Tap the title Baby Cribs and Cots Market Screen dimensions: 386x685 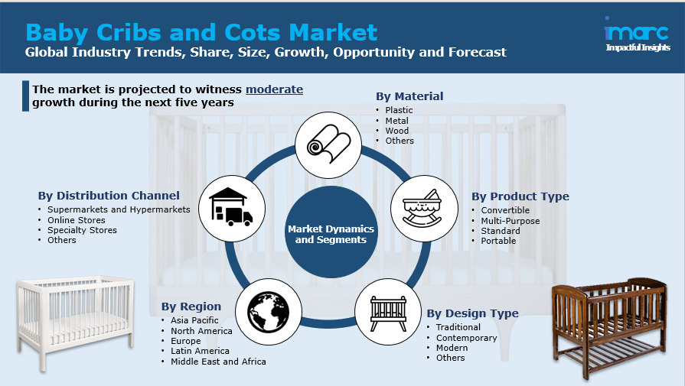tap(201, 32)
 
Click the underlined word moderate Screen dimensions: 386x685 tap(274, 89)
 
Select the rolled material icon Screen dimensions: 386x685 tap(328, 145)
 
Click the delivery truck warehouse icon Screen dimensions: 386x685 tap(231, 207)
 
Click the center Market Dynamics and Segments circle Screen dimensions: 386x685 tap(331, 234)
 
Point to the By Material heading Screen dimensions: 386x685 tap(409, 96)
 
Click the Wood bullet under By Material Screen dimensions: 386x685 tap(396, 131)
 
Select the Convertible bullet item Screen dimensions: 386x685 tap(505, 211)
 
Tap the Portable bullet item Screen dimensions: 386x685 tap(498, 241)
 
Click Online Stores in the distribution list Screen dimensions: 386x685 tap(77, 220)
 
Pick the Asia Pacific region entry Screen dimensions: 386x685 tap(194, 320)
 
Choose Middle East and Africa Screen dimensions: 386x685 tap(218, 362)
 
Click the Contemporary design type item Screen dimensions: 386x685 tap(466, 338)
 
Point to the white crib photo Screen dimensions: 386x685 tap(75, 321)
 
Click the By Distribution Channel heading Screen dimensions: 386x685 tap(109, 196)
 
